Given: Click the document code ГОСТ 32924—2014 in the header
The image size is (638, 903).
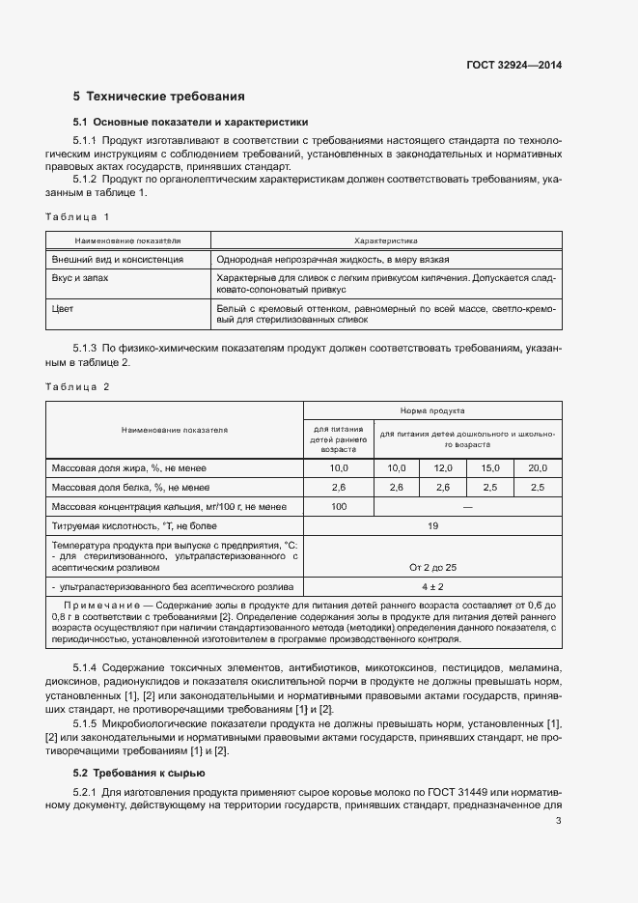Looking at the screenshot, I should (513, 66).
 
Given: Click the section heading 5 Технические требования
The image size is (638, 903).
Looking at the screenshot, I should (159, 97).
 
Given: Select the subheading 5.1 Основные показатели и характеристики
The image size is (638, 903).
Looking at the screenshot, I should (191, 123).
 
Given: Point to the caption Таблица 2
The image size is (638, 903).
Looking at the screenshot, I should (78, 386).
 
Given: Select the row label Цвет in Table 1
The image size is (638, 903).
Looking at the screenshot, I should (63, 308).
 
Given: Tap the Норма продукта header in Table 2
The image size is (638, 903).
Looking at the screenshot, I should (432, 410).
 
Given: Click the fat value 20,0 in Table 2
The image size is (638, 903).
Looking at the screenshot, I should (538, 467).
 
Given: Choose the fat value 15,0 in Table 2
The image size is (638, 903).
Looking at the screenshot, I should (490, 467).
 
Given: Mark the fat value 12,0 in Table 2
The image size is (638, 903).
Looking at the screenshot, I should (443, 467).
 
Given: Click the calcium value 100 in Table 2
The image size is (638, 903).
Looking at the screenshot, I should (339, 506).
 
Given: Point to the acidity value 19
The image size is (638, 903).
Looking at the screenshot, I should (432, 525).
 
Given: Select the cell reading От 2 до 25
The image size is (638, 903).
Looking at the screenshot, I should (432, 566).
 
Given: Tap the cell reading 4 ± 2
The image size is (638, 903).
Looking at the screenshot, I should (432, 586).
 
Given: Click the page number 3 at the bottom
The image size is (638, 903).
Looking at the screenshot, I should (558, 821).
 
